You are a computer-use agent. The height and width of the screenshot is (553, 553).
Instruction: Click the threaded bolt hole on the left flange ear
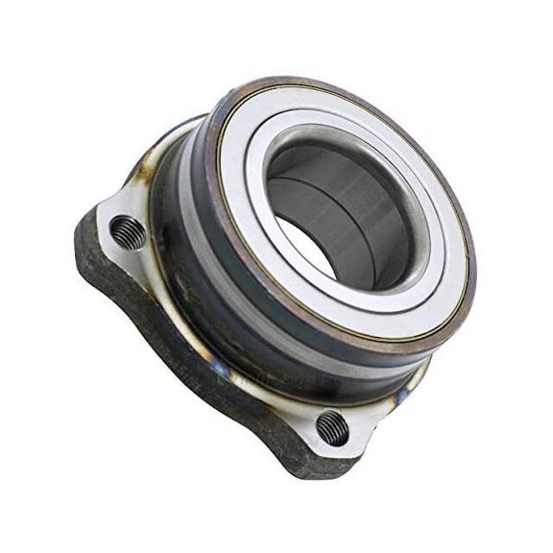point(128,231)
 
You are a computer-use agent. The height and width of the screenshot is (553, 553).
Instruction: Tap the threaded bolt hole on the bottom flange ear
point(331,427)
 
